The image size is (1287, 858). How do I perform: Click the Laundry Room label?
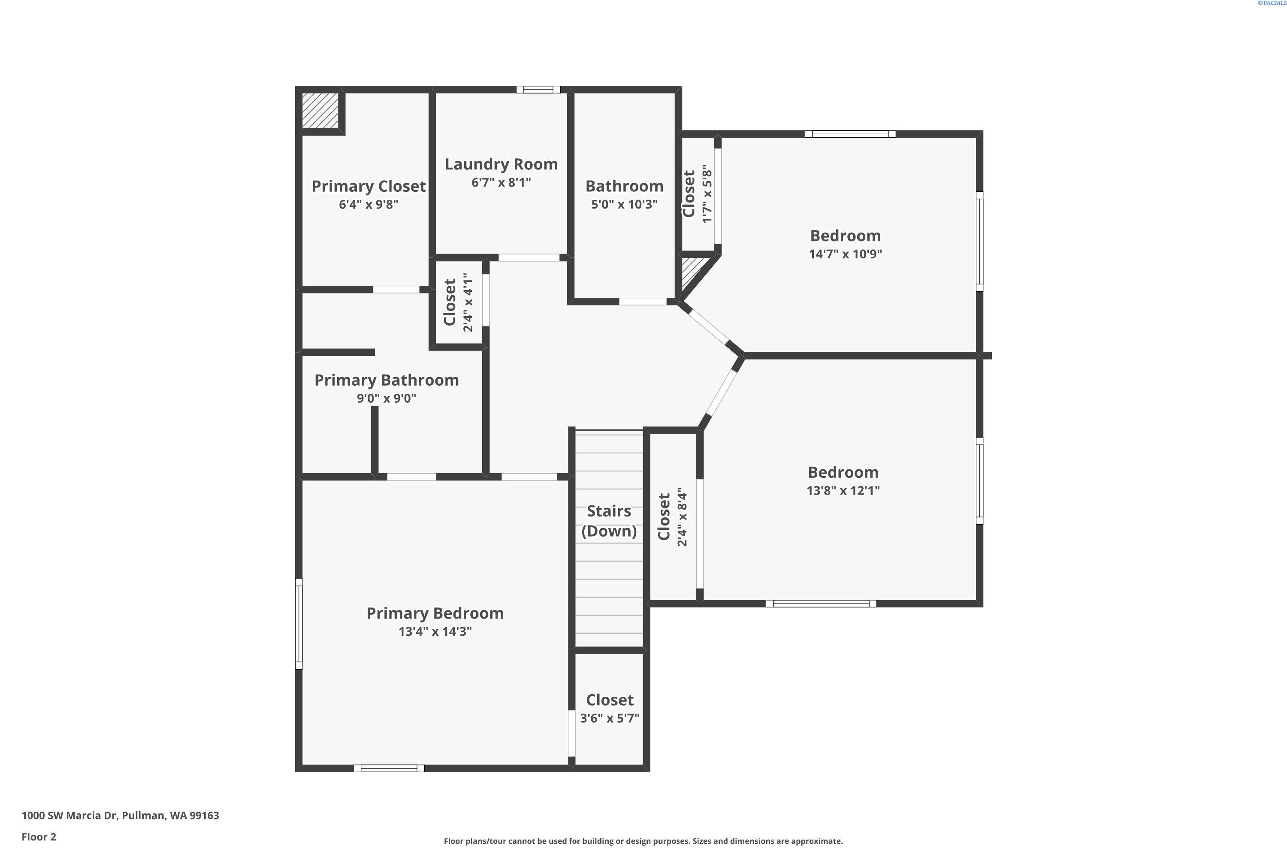501,164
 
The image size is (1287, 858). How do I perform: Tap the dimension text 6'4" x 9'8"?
368,205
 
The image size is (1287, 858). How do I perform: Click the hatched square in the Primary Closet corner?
320,111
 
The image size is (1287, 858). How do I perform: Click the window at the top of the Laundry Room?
538,90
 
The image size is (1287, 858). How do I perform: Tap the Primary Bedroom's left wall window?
299,624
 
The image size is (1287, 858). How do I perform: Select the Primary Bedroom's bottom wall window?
389,768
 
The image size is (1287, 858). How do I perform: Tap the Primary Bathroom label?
387,380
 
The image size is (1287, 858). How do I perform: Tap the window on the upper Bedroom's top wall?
850,134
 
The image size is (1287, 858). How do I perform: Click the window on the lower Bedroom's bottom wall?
821,604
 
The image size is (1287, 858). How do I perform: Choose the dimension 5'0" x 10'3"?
624,205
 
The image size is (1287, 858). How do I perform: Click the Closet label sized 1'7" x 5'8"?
689,194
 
